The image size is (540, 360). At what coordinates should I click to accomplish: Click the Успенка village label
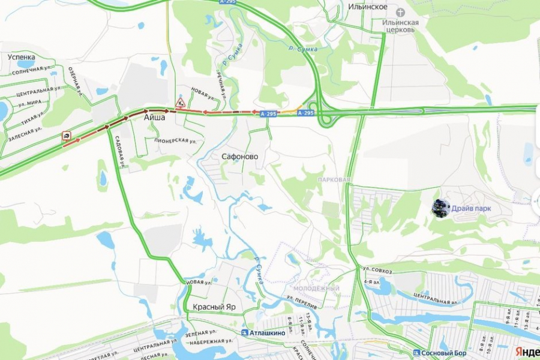22,58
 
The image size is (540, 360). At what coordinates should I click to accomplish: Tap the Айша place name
154,119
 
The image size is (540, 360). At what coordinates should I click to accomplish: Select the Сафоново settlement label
240,157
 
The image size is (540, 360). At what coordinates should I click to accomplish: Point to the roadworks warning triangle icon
180,102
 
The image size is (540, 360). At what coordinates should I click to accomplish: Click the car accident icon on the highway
65,136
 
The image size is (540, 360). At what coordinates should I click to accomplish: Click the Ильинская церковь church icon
401,11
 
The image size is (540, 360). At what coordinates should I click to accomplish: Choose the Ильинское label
368,7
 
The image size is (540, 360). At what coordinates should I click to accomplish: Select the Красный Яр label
214,307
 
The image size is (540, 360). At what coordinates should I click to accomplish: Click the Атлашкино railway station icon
244,332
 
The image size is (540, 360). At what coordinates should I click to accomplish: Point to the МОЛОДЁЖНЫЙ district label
316,289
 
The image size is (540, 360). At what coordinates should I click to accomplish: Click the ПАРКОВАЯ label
334,179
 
